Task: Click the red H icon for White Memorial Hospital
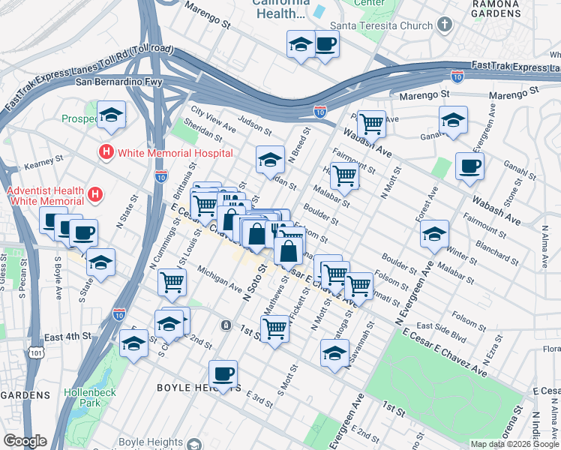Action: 106,153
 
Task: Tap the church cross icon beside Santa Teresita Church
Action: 445,25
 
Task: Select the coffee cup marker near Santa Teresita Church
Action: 325,44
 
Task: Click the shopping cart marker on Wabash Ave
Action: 371,123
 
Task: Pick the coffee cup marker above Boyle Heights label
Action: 223,373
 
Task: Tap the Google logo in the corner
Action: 25,441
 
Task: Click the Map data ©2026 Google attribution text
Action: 514,444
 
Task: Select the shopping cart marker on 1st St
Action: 275,328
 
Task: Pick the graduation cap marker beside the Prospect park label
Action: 112,115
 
